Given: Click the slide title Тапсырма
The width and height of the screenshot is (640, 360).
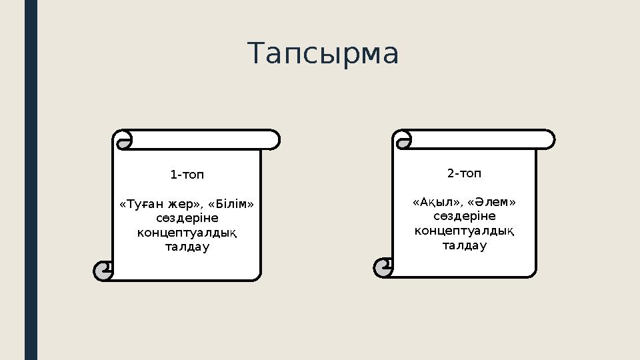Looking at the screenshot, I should click(x=323, y=54).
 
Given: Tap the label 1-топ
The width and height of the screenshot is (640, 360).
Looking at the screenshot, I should click(x=187, y=175).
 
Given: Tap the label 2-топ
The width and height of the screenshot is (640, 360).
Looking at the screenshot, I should click(x=464, y=174).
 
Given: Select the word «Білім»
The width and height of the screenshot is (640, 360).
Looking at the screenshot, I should click(x=231, y=203).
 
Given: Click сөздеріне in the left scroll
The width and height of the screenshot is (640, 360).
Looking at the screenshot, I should click(x=187, y=218).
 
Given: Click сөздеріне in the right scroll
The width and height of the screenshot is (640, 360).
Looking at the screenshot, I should click(x=464, y=217).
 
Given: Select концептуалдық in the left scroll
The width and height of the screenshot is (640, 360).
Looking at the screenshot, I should click(x=187, y=233).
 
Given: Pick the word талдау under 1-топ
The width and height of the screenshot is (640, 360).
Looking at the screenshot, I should click(x=187, y=247).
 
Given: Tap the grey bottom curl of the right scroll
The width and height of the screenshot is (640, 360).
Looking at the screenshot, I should click(x=383, y=267).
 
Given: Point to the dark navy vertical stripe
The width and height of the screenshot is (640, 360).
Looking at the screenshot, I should click(x=31, y=180).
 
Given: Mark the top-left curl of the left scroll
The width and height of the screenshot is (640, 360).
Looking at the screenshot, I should click(x=122, y=141).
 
